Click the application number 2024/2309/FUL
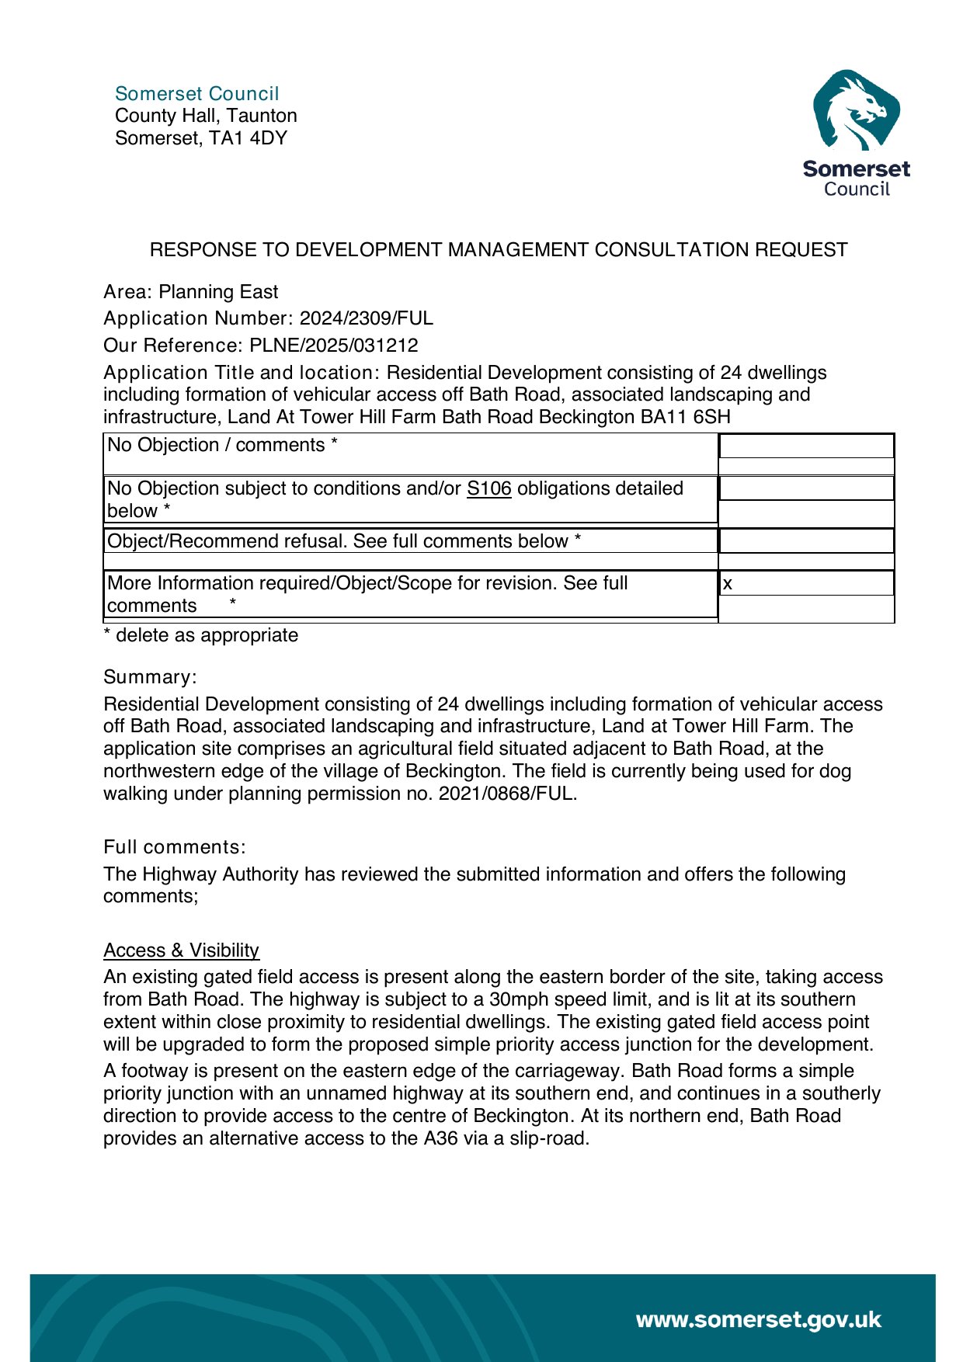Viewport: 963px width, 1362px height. coord(366,318)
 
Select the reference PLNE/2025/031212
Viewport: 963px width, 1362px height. coord(333,346)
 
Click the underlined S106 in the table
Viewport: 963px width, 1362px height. coord(488,488)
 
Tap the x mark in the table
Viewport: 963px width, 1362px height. coord(728,584)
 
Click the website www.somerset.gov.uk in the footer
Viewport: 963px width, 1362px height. coord(758,1319)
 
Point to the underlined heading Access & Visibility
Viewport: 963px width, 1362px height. coord(181,950)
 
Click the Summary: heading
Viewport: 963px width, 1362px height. coord(150,677)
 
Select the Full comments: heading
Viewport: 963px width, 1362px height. coord(174,847)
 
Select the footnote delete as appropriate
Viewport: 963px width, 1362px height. coord(207,635)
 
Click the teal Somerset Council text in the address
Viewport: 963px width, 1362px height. coord(196,94)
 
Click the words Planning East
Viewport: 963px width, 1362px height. coord(218,292)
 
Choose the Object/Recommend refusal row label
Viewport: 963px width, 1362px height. coord(343,541)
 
